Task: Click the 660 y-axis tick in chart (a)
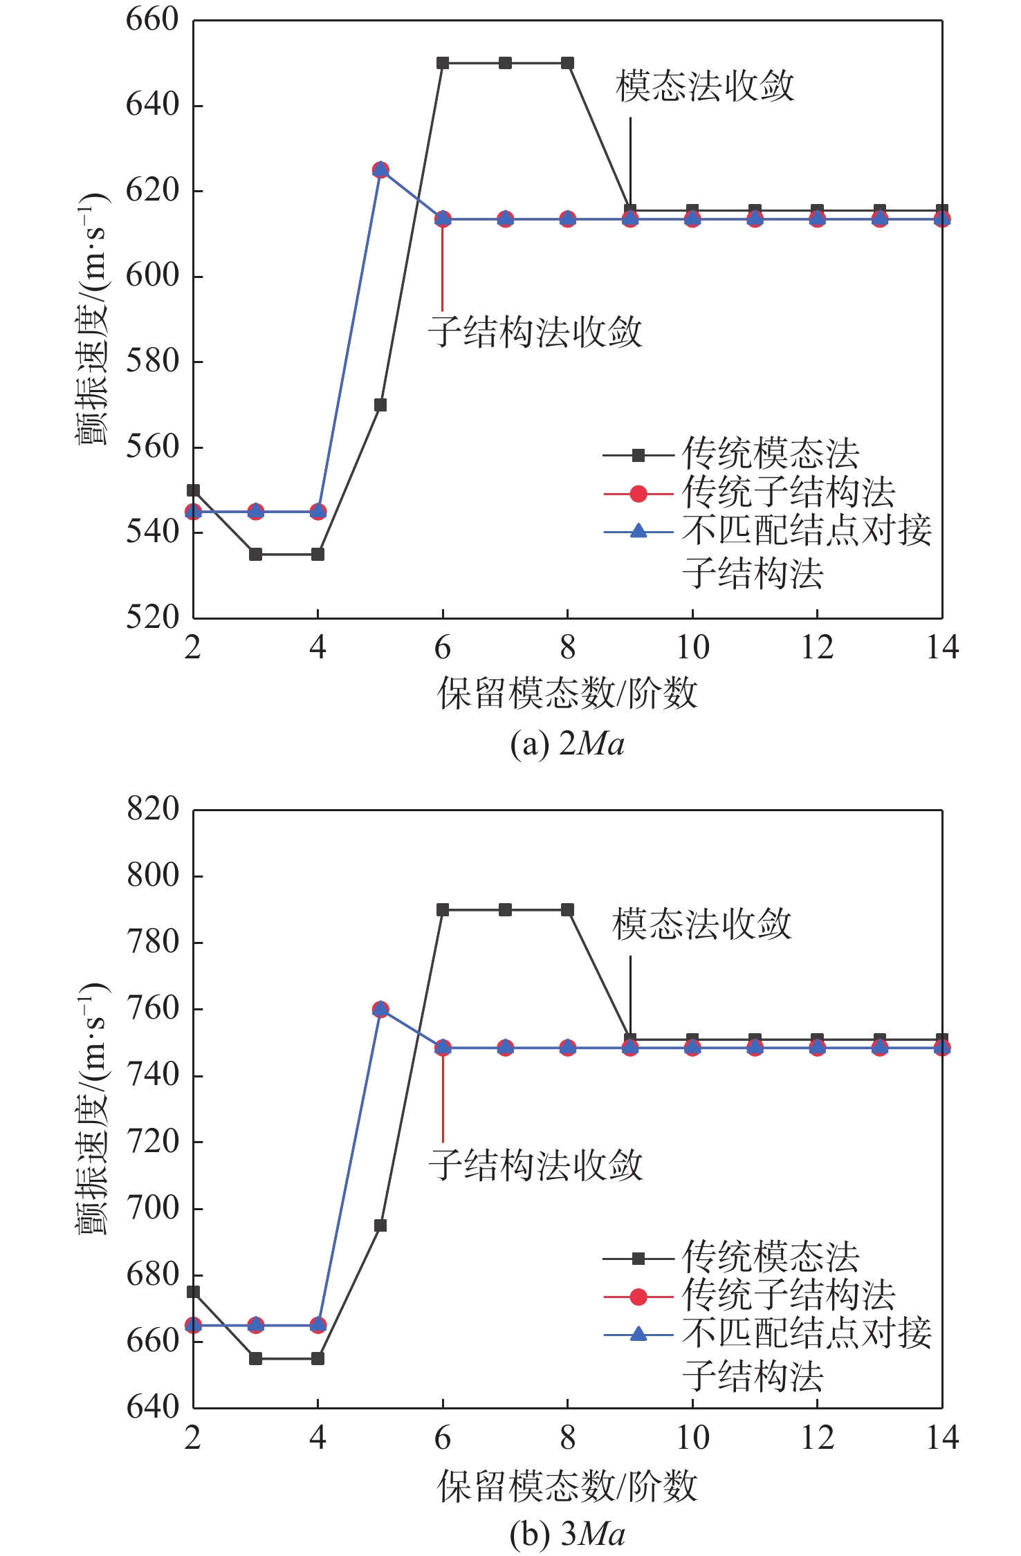point(152,19)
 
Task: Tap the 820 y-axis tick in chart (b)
point(152,809)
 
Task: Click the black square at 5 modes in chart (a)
point(380,405)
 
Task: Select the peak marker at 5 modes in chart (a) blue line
point(380,169)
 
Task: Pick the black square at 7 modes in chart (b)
point(505,910)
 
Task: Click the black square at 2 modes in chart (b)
point(194,1292)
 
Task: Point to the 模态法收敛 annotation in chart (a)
point(705,86)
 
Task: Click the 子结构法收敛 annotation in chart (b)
point(535,1165)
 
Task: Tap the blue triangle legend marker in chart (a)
point(638,532)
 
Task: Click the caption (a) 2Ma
point(567,744)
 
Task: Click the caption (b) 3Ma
point(567,1534)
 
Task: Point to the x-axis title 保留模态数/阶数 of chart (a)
point(567,693)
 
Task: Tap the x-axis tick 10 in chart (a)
point(692,647)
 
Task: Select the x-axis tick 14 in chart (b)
point(942,1438)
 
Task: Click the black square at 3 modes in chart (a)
point(256,555)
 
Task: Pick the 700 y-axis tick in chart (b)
point(152,1208)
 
